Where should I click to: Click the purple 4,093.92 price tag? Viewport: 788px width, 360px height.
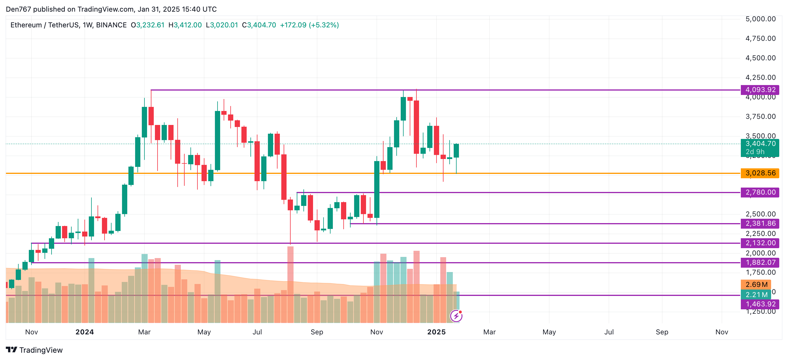tap(760, 90)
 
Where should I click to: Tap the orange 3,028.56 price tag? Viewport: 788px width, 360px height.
tap(760, 173)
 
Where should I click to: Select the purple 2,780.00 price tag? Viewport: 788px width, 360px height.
tap(760, 193)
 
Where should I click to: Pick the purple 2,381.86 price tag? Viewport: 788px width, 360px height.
tap(760, 224)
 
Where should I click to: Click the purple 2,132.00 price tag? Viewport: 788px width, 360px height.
tap(760, 243)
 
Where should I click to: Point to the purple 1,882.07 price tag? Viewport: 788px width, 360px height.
tap(760, 263)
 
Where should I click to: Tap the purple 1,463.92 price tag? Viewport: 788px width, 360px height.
tap(760, 304)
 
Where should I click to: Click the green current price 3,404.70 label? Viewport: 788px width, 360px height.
tap(760, 144)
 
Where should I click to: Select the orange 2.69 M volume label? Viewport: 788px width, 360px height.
tap(756, 285)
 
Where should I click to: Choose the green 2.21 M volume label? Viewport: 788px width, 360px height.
tap(756, 295)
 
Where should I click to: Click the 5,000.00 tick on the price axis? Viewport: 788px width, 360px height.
tap(760, 19)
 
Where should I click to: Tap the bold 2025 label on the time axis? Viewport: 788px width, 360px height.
tap(437, 332)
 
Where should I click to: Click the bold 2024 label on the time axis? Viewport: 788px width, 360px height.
tap(85, 332)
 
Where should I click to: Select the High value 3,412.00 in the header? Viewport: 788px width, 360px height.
tap(188, 25)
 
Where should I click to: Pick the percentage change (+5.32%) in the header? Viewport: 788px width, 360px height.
tap(324, 25)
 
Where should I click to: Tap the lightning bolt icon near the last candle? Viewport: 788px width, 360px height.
tap(456, 316)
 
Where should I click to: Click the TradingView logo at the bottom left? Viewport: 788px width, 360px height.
tap(34, 350)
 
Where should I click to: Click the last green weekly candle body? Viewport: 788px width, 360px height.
tap(456, 151)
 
